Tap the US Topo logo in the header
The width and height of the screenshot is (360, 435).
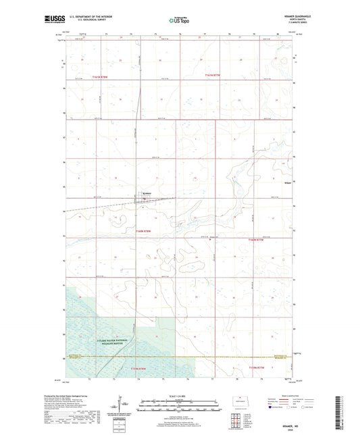pyautogui.click(x=179, y=21)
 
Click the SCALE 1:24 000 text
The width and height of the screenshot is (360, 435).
pyautogui.click(x=178, y=396)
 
